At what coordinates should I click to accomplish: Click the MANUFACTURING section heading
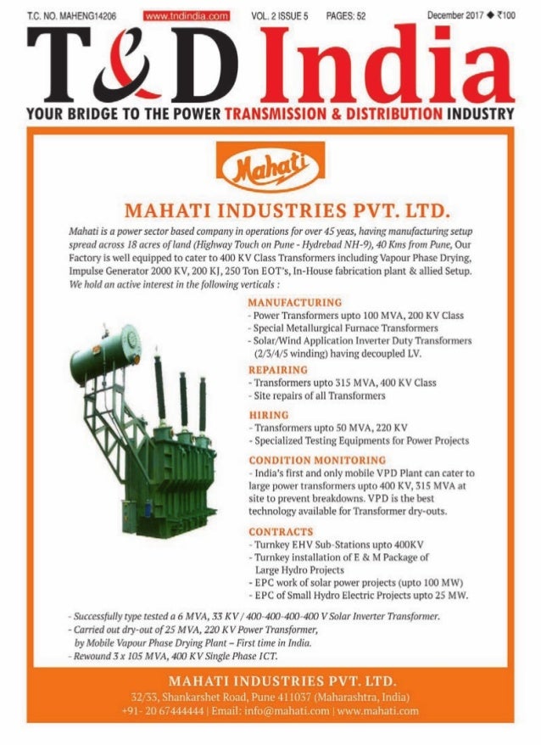click(294, 302)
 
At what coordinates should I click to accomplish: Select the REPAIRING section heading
click(277, 370)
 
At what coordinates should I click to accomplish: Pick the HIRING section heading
click(268, 414)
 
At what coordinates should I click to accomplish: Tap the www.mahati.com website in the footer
click(378, 710)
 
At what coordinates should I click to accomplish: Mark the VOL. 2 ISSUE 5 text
click(281, 15)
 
